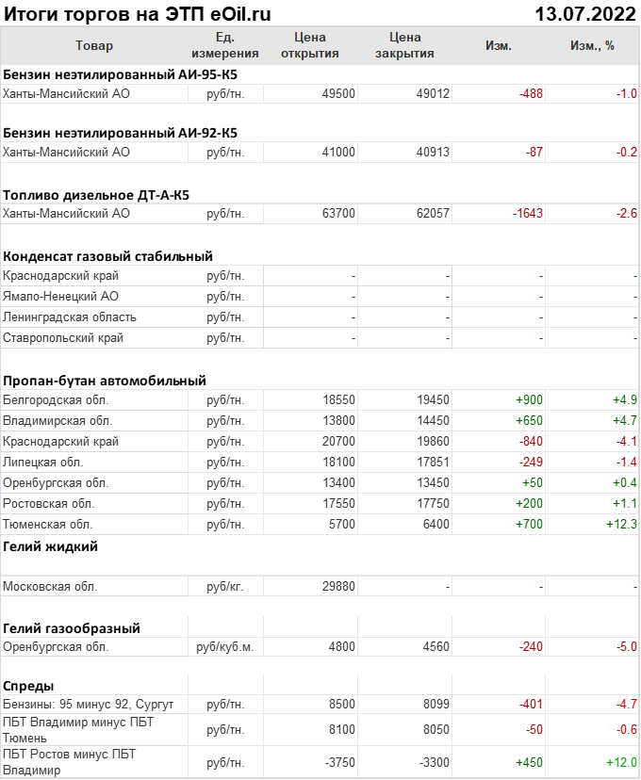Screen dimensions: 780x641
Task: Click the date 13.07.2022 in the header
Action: [585, 14]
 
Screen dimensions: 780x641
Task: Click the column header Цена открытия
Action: [310, 45]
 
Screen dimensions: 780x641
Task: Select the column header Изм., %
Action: [592, 45]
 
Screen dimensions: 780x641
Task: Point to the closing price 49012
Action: [433, 93]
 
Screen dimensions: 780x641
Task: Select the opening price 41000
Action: [338, 152]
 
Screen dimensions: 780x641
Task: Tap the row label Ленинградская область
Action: [70, 317]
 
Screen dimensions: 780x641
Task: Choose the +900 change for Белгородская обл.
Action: [529, 399]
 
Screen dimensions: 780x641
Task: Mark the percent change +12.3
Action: [621, 524]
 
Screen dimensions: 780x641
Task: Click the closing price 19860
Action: [433, 441]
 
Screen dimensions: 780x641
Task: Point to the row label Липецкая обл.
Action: [43, 462]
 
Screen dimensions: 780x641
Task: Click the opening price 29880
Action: [338, 586]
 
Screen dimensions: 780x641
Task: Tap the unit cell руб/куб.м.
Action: [225, 647]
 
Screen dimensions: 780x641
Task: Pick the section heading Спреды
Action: [28, 686]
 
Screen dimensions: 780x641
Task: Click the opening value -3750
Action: [338, 762]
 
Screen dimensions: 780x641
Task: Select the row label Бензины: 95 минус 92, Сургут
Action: [89, 704]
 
